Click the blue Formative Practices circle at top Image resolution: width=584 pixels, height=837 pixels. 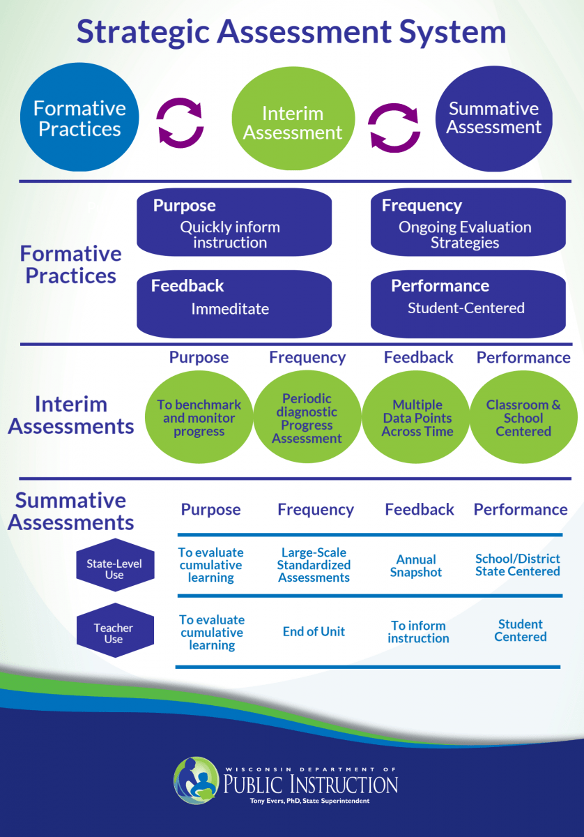[x=79, y=118]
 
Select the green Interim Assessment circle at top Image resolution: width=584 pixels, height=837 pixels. [x=292, y=123]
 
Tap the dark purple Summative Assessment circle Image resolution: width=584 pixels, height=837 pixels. [x=493, y=118]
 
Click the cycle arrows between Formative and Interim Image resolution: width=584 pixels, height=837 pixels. [x=180, y=123]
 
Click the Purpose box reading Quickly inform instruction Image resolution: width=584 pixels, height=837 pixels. [x=233, y=223]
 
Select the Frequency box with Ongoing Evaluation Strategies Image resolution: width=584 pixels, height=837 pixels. [x=468, y=223]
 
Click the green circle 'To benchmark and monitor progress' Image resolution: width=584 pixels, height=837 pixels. [x=199, y=418]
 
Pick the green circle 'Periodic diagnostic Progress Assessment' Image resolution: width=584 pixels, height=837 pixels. [x=307, y=418]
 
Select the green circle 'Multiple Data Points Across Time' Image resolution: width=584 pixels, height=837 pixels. [x=417, y=418]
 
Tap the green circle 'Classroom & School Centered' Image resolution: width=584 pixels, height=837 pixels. [x=523, y=418]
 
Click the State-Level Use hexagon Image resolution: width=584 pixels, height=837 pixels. [x=114, y=569]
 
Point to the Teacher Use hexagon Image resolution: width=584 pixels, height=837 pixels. [x=114, y=633]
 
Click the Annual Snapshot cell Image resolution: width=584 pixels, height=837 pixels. [x=416, y=566]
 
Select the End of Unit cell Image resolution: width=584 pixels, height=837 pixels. [x=314, y=631]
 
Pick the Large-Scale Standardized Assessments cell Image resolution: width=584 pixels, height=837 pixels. [x=314, y=565]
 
